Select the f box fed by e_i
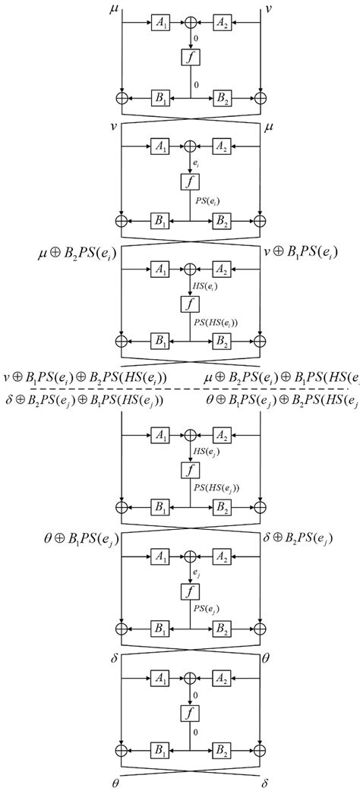(191, 181)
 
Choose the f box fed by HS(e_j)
(191, 471)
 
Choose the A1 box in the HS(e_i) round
(160, 269)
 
